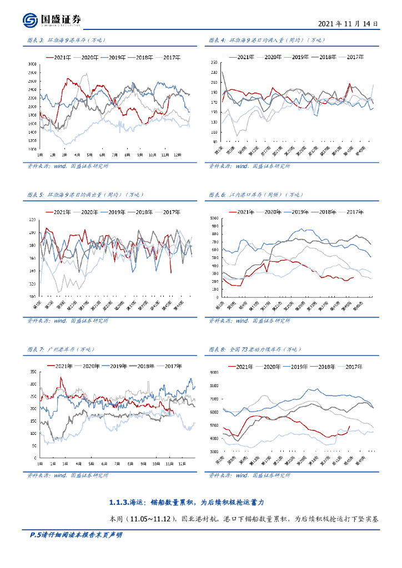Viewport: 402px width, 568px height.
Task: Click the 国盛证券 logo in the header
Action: tap(52, 20)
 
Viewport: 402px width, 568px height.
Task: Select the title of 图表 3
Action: tap(66, 40)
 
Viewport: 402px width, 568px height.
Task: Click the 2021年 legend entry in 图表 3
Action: tap(58, 57)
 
